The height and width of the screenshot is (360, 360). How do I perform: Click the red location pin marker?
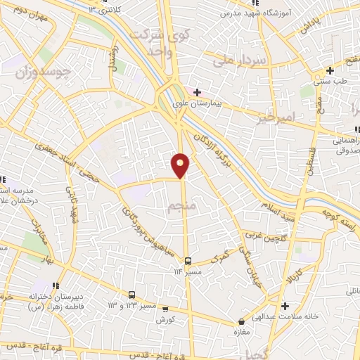point(181,165)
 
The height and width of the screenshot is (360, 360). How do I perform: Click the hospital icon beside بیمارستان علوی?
point(198,92)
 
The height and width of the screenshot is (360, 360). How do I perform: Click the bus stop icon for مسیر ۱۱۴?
point(187,262)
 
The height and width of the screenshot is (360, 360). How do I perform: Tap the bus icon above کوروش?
point(165,308)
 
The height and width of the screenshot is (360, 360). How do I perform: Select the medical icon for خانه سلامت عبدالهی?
point(284,306)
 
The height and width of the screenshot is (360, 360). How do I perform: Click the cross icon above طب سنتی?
point(329,70)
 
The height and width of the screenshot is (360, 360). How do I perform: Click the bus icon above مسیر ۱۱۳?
point(132,295)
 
